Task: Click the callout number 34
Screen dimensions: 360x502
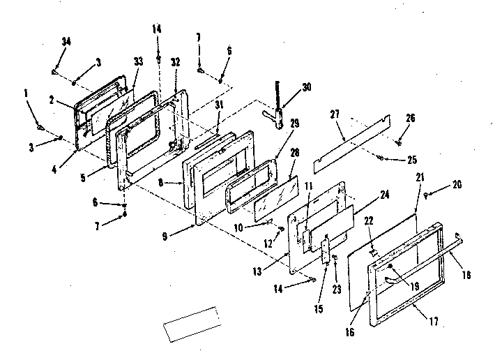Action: click(x=66, y=43)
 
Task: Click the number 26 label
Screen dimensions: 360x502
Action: click(x=411, y=118)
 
